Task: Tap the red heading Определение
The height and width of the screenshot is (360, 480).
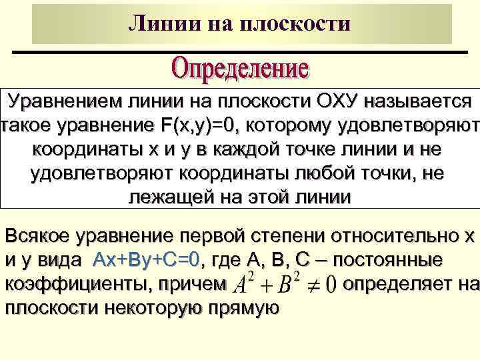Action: coord(241,69)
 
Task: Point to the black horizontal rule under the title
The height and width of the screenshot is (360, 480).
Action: coord(240,52)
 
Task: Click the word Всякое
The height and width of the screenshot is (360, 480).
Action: coord(39,236)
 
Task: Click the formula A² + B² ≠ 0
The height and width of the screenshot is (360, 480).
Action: coord(283,285)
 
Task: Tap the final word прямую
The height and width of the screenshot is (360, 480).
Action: coord(239,308)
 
